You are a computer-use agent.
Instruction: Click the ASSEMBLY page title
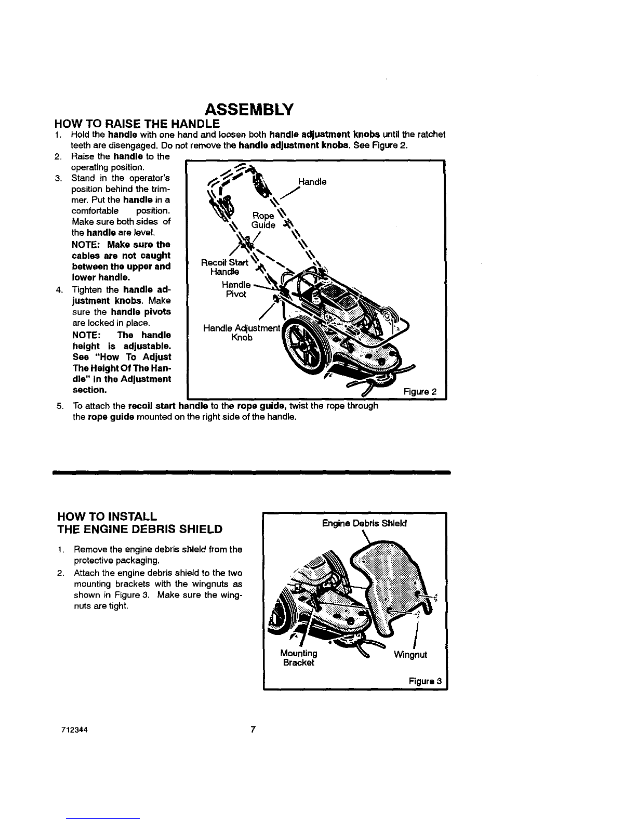point(249,110)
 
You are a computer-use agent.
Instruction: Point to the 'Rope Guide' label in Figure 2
point(263,220)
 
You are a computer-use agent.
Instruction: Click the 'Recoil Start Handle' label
point(225,267)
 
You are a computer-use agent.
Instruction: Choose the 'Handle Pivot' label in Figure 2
point(236,289)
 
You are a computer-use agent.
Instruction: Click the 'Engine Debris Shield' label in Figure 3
point(365,523)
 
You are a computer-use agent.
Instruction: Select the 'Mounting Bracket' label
point(298,658)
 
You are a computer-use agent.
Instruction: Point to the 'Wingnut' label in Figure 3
point(410,655)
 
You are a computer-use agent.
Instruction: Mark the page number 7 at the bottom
point(253,729)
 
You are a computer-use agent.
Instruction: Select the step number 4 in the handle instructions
point(60,290)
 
